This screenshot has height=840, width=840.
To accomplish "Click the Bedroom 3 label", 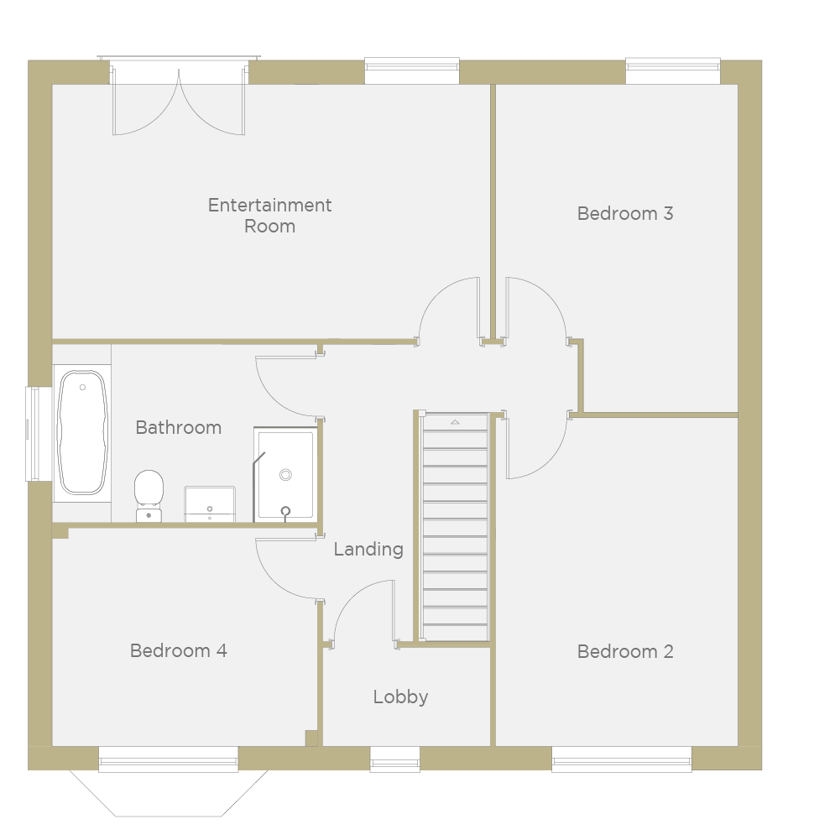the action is tap(624, 214).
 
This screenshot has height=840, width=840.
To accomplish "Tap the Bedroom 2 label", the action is tap(624, 651).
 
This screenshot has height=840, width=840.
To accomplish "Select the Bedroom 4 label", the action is tap(179, 650).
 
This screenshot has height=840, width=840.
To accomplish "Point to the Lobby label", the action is tap(401, 697).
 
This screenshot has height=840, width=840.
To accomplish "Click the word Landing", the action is tap(368, 550).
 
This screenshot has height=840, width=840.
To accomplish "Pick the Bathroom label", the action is tap(179, 427).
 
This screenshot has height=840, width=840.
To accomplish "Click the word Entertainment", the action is tap(269, 206).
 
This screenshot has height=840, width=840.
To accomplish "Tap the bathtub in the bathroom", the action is tap(82, 432).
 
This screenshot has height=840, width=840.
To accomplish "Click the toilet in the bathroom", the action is tap(149, 496).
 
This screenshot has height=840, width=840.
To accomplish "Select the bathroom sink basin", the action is tap(210, 503).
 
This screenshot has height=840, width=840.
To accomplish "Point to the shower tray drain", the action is tap(285, 475).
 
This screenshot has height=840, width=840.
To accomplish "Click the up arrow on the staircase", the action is tap(455, 422).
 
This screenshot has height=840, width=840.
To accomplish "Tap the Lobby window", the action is tap(394, 759).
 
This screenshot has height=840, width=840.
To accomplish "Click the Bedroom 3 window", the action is tap(673, 70).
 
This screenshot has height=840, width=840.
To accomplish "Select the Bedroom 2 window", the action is tap(622, 759).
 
